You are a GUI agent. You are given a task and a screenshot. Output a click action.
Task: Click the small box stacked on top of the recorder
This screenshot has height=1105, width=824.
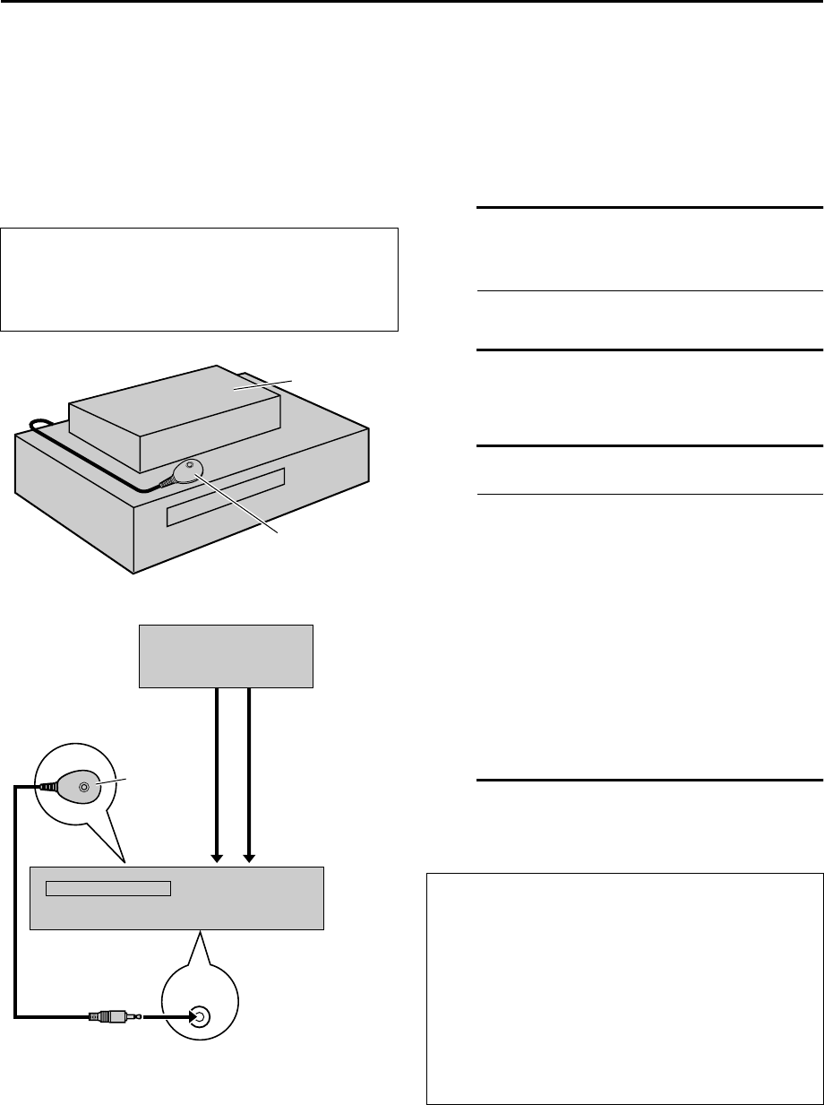pyautogui.click(x=176, y=417)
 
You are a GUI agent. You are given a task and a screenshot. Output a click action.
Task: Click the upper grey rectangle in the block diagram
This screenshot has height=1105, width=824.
pyautogui.click(x=226, y=656)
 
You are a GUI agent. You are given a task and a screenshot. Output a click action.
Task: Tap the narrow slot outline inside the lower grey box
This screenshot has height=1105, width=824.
pyautogui.click(x=108, y=888)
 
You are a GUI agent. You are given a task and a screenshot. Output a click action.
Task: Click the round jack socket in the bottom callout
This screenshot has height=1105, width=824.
pyautogui.click(x=201, y=1016)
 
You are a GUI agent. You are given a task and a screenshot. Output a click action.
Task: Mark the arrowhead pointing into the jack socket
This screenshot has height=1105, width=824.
pyautogui.click(x=186, y=1016)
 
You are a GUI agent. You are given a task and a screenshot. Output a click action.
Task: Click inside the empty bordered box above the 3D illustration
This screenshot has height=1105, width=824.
pyautogui.click(x=200, y=279)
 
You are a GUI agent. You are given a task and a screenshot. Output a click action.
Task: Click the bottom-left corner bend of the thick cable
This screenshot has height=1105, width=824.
pyautogui.click(x=16, y=1015)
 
